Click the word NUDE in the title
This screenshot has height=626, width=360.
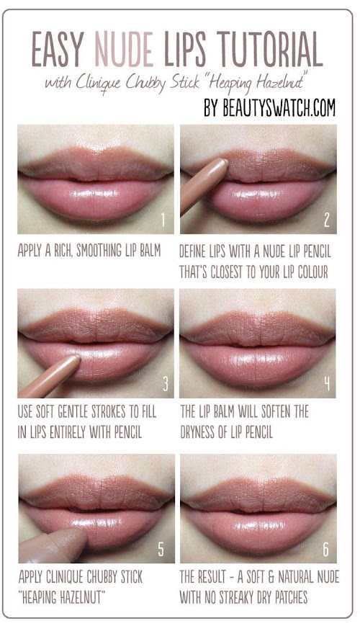pos(124,49)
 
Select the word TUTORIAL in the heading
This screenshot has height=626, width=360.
pos(270,49)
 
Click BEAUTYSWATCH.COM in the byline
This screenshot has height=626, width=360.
pos(279,107)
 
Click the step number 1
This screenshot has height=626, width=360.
pos(163,220)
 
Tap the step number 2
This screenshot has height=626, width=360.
pos(326,220)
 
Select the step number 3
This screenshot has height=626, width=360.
pos(165,384)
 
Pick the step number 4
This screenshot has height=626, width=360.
pos(327,384)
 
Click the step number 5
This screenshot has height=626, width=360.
pos(161,550)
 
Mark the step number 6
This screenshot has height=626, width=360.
pos(325,550)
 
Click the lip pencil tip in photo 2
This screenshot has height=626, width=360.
pos(225,161)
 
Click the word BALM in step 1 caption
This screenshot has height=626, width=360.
pos(150,251)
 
